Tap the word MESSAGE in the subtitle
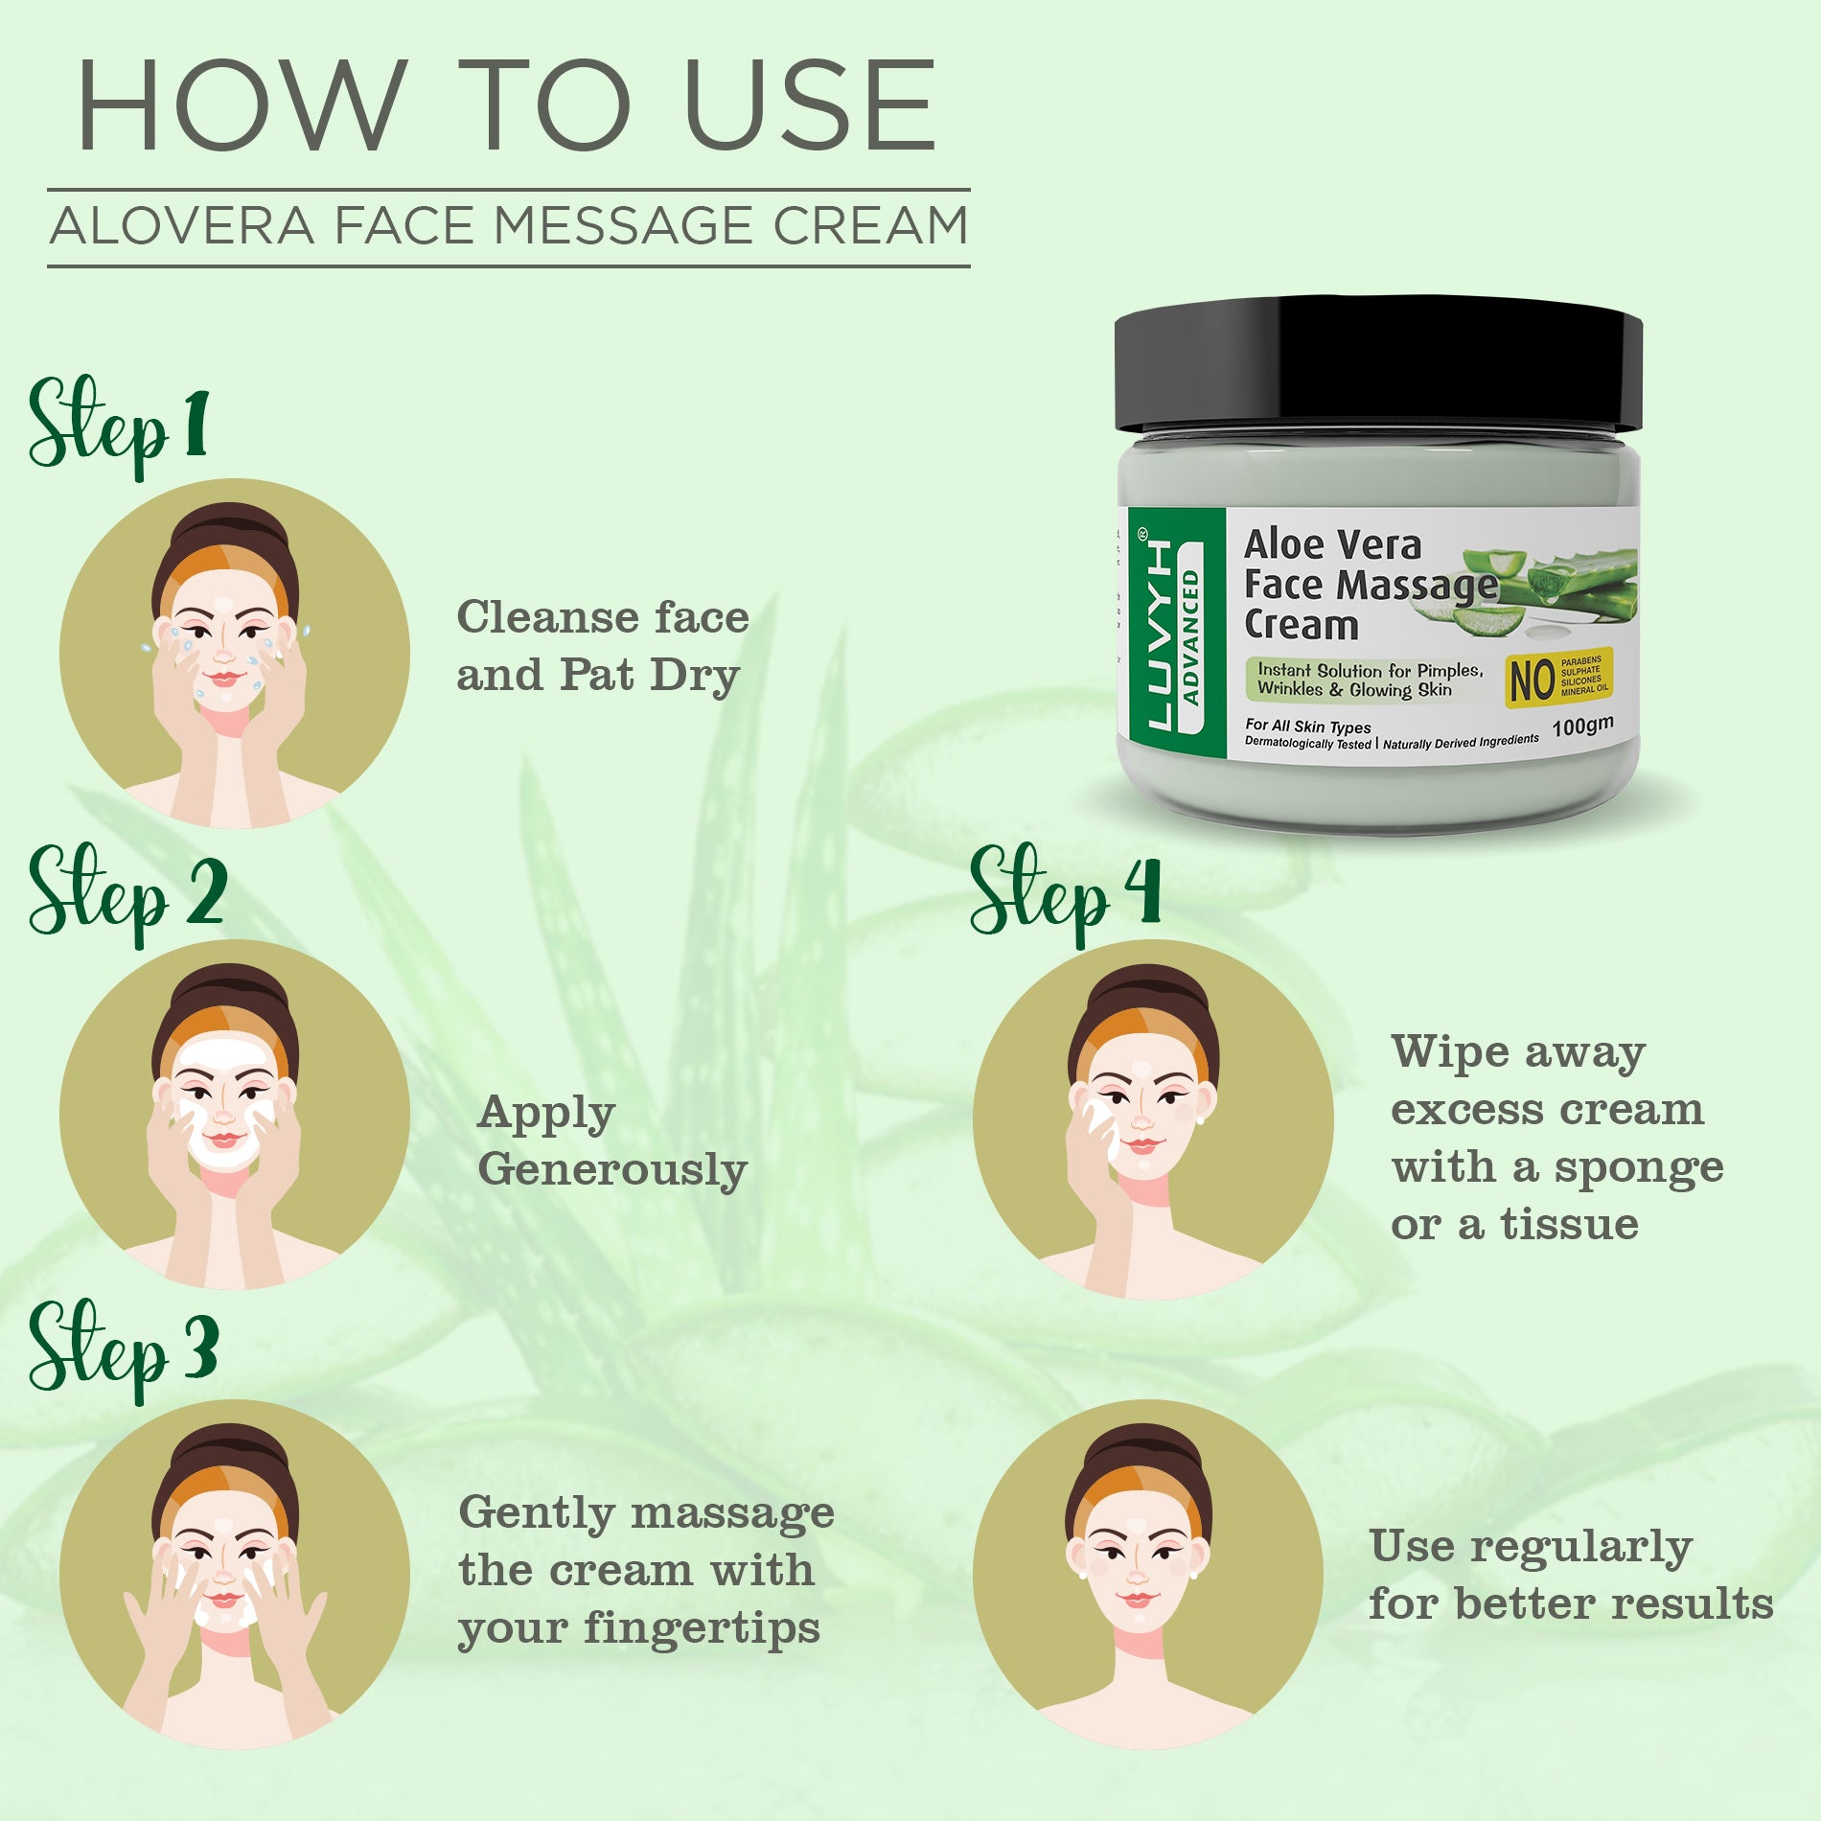pos(623,227)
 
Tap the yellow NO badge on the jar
pos(1557,678)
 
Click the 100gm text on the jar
pos(1581,726)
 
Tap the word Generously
pos(611,1171)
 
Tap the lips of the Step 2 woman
pos(224,1139)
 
